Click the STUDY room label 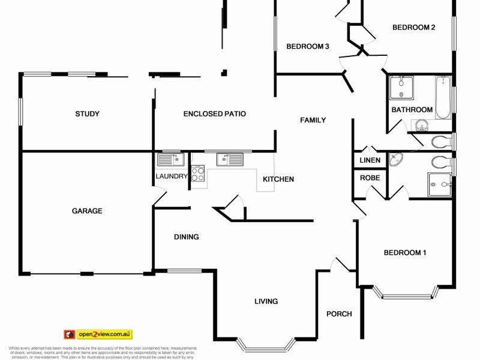point(87,114)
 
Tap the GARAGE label point(87,211)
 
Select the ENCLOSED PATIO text point(215,113)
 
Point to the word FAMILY point(313,120)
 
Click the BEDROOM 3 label point(307,47)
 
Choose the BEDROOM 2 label point(413,27)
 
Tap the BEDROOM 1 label point(405,253)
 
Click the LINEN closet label point(370,161)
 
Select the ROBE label point(368,178)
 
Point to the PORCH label point(338,314)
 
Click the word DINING point(187,237)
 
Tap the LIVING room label point(266,301)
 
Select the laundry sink point(170,159)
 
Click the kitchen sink point(230,159)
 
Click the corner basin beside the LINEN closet point(396,160)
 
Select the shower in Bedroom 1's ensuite point(439,185)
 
